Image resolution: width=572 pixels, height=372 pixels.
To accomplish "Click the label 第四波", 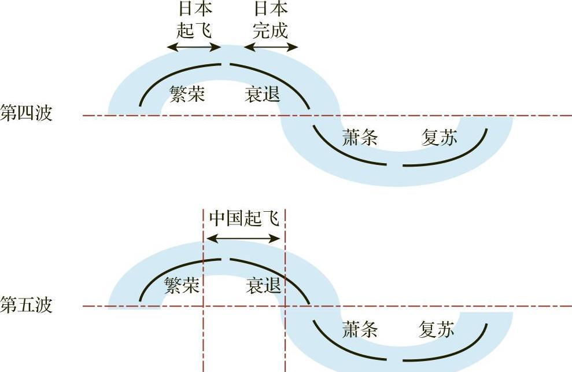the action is (x=26, y=113).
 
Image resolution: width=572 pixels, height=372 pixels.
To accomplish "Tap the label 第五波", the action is (x=26, y=305).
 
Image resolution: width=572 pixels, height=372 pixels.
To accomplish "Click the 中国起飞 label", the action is (x=244, y=219).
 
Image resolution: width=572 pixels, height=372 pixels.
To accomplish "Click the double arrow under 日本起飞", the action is (x=194, y=47).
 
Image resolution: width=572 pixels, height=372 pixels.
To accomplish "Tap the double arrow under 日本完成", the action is (x=271, y=47).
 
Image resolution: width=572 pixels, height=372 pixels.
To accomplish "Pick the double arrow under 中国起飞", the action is (x=243, y=239).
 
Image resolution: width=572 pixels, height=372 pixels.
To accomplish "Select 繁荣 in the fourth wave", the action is (x=187, y=94).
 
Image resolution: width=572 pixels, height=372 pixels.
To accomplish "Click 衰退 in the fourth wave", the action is (x=263, y=94).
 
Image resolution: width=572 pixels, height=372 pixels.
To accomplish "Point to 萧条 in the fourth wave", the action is (x=360, y=138).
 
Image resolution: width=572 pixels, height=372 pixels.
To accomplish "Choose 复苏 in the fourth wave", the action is (x=439, y=138).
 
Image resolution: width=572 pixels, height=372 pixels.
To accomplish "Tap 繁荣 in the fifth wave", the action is (x=182, y=285).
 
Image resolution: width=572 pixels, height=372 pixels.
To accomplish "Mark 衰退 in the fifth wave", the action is (x=263, y=285).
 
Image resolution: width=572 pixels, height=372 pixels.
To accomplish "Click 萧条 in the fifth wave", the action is (x=360, y=329).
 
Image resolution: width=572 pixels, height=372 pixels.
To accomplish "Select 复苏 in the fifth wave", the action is (x=436, y=329).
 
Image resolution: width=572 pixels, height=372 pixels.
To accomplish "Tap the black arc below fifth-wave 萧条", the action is (x=343, y=349).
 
